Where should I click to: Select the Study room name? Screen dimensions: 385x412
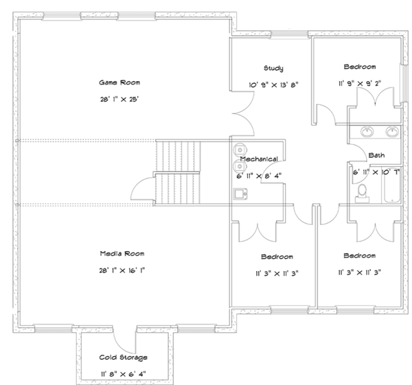click(273, 68)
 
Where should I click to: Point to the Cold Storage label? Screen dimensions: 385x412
click(124, 358)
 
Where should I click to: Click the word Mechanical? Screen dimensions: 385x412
click(259, 159)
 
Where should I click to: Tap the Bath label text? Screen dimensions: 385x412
click(376, 156)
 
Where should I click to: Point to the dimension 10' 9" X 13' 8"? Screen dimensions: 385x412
click(273, 85)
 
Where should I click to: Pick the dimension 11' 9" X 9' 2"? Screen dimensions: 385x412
click(359, 84)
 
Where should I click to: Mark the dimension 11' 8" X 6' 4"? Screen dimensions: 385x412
click(124, 374)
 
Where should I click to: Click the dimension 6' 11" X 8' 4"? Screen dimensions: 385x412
click(259, 175)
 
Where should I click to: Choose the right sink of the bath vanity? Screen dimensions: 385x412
click(391, 131)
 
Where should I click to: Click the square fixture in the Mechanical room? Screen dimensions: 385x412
click(240, 194)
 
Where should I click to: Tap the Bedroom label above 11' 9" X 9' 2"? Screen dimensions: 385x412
click(359, 67)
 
